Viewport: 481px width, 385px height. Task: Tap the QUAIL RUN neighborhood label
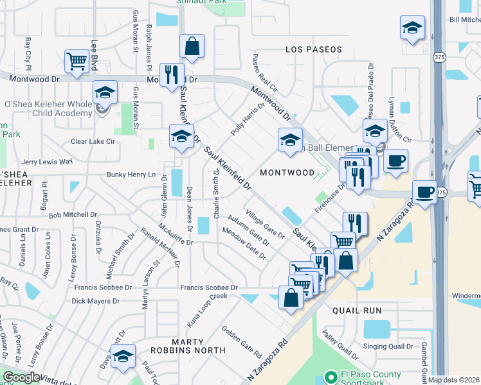357,311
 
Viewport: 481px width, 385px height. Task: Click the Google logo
21,377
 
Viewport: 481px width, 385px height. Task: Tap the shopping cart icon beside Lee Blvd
77,62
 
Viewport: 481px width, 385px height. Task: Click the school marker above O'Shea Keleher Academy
105,93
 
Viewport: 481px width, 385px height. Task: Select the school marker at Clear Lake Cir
181,137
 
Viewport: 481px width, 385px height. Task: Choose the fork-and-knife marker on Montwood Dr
172,75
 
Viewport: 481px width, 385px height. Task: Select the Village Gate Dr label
265,224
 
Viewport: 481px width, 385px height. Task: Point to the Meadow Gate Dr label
244,243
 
